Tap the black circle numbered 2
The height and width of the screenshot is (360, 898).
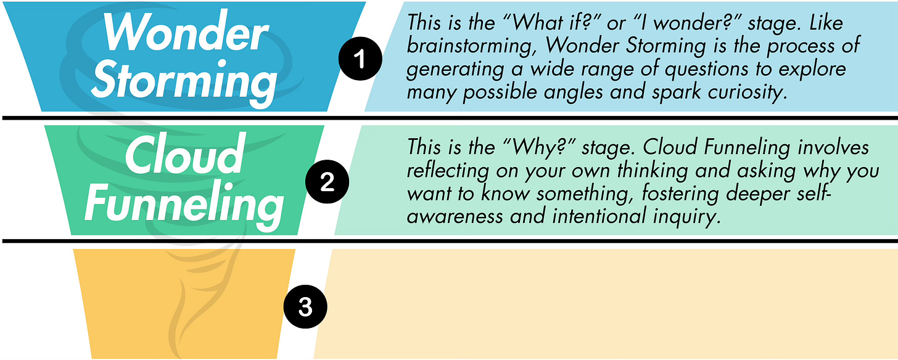(327, 183)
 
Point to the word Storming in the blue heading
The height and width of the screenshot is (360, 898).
(185, 80)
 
